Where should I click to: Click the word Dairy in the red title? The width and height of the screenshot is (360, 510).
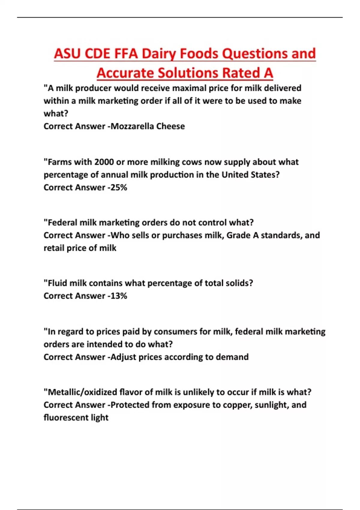click(x=159, y=54)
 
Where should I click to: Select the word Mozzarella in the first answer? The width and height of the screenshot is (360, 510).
click(x=132, y=126)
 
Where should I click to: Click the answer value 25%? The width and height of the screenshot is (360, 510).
click(x=119, y=187)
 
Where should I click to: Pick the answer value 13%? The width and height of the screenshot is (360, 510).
click(x=119, y=296)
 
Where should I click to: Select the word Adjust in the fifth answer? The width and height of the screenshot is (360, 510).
click(x=123, y=357)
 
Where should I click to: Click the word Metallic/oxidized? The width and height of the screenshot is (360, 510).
click(x=82, y=392)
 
